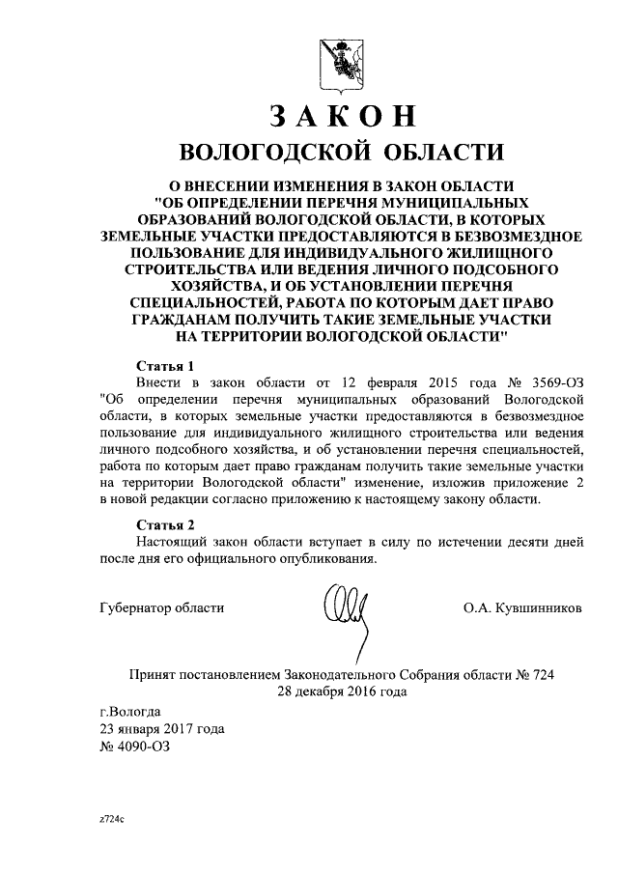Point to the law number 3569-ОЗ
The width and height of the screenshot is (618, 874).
[549, 381]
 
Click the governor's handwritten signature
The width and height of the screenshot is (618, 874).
[346, 614]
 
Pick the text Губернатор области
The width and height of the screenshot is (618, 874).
[161, 607]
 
